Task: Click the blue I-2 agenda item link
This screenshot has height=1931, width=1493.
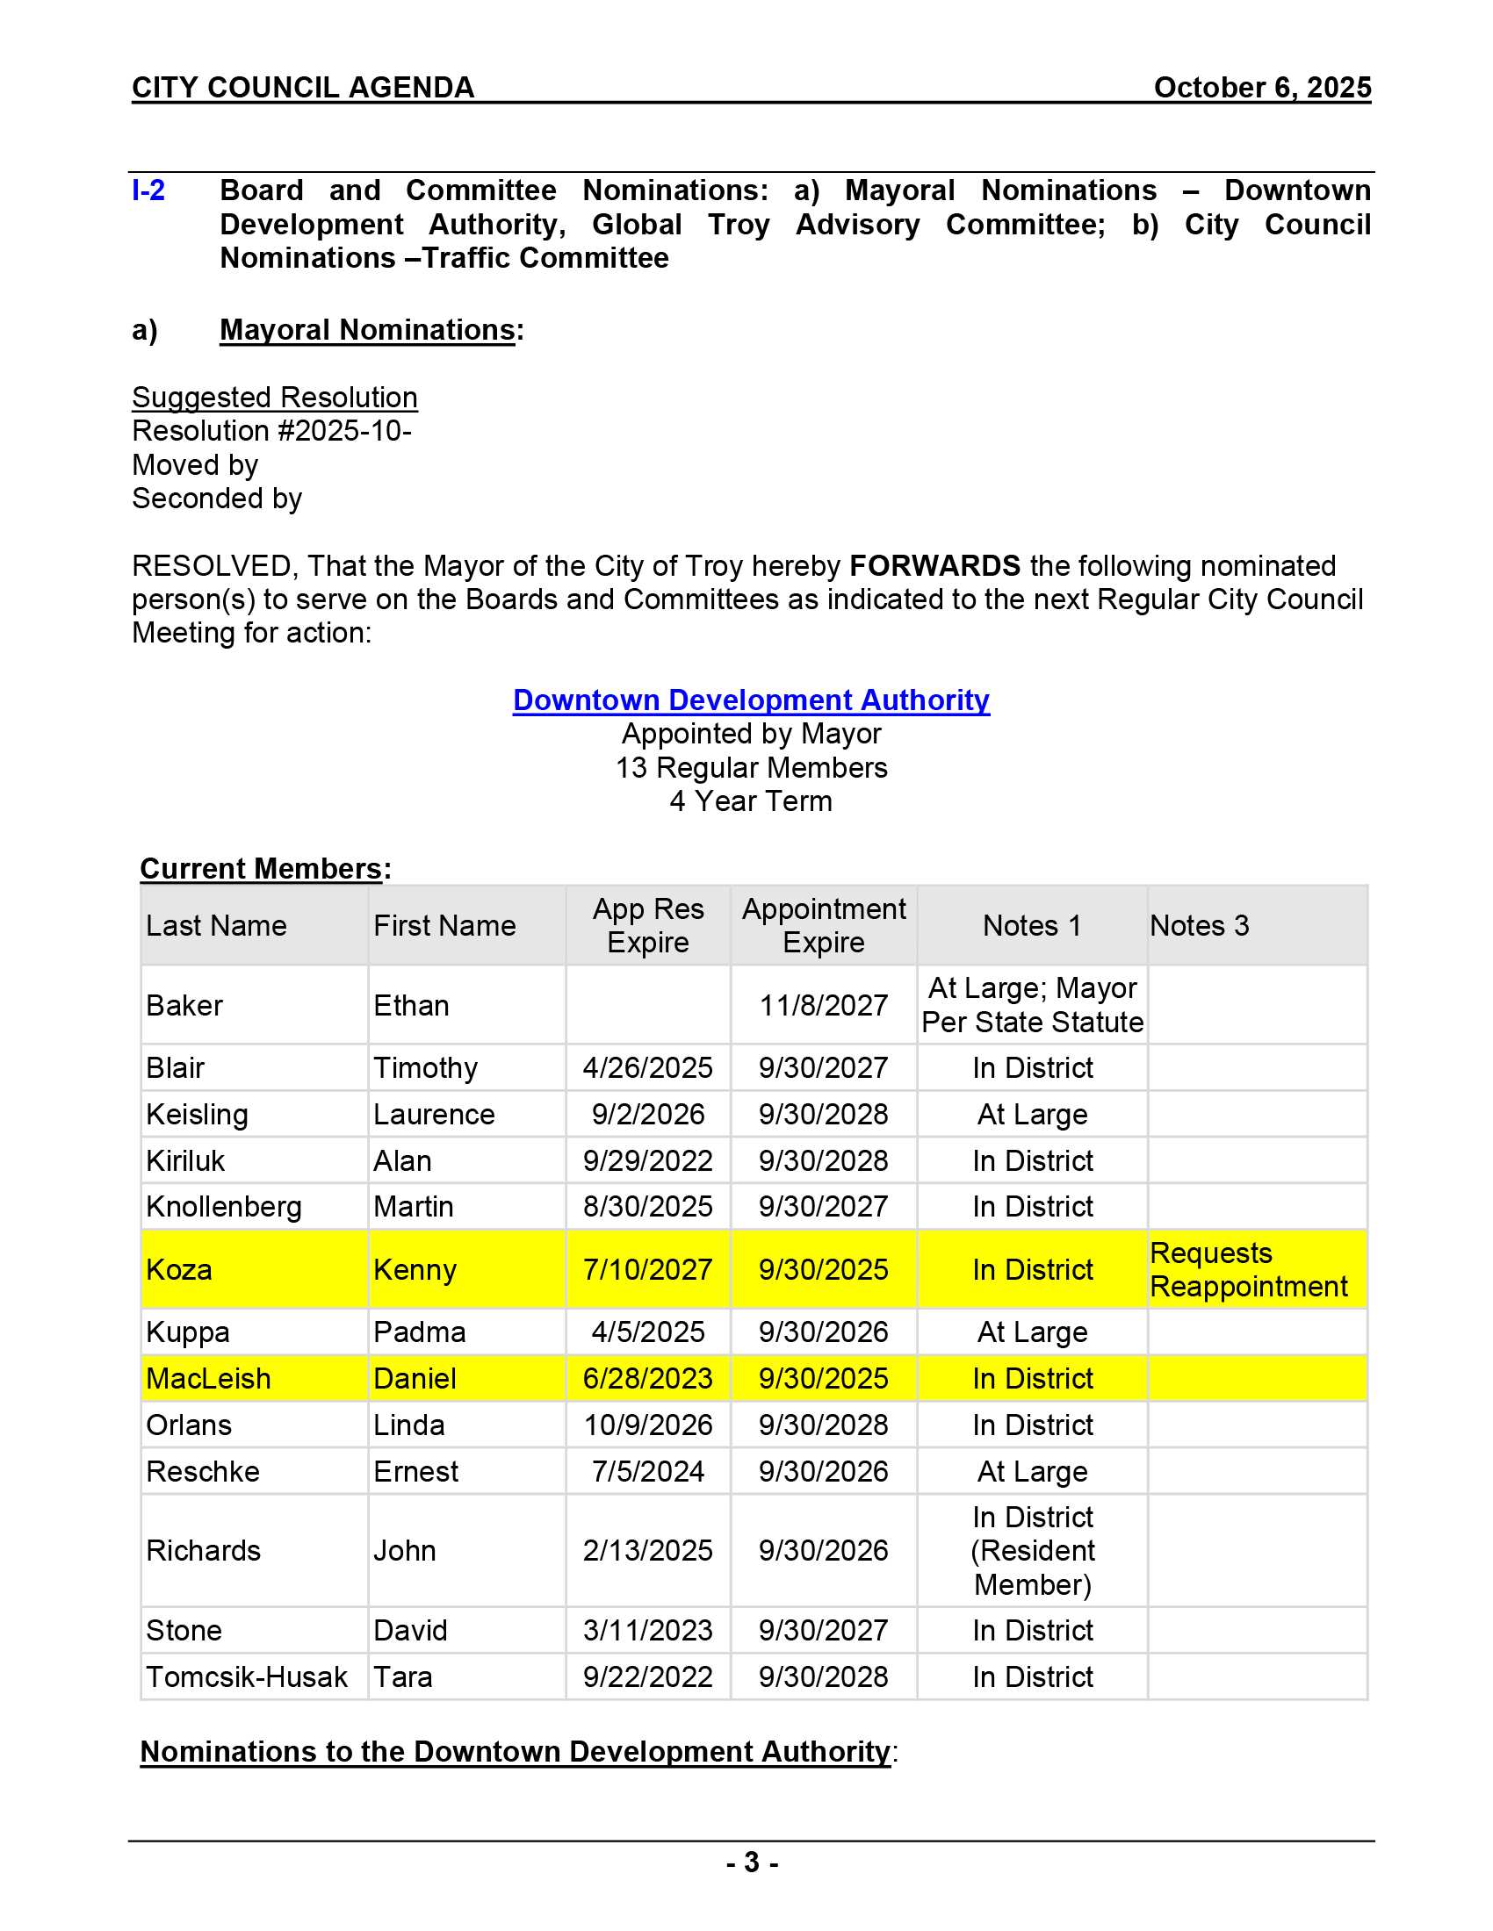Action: point(148,190)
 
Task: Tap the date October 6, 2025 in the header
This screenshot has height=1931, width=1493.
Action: point(1261,88)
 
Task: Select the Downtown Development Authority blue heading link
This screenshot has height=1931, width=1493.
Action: point(751,700)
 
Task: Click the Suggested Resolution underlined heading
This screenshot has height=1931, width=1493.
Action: point(274,398)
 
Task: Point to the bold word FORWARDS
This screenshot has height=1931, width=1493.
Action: point(934,566)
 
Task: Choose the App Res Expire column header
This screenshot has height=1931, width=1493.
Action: point(647,926)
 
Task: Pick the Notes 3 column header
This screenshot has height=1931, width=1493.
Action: point(1199,926)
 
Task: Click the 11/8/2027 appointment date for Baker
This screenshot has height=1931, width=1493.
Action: point(823,1005)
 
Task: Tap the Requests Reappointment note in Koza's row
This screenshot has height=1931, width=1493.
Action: point(1248,1270)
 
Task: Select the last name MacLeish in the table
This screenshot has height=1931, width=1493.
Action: point(209,1378)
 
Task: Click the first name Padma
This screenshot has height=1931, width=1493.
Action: point(419,1332)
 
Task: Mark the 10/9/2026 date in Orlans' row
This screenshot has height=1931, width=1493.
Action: point(647,1425)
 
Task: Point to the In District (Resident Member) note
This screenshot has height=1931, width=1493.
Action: point(1032,1551)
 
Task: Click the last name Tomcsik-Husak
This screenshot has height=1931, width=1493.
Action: point(247,1677)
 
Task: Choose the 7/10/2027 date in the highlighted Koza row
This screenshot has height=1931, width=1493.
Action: point(647,1270)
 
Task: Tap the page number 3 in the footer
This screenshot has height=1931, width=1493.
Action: point(751,1863)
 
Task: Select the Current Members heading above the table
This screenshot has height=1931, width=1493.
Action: point(262,869)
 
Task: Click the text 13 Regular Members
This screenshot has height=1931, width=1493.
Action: point(751,767)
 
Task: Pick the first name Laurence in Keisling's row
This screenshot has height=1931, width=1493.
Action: point(433,1115)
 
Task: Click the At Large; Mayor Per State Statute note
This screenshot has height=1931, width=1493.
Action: point(1032,1005)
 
